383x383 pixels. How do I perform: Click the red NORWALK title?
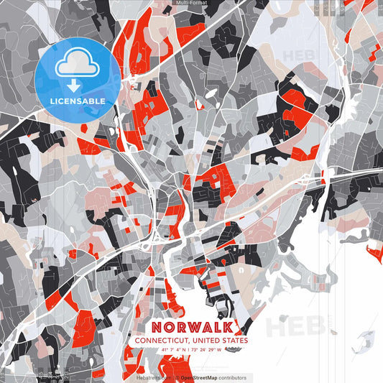(191, 326)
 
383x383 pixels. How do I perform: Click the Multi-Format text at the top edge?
(191, 3)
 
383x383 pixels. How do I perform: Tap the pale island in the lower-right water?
(366, 337)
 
